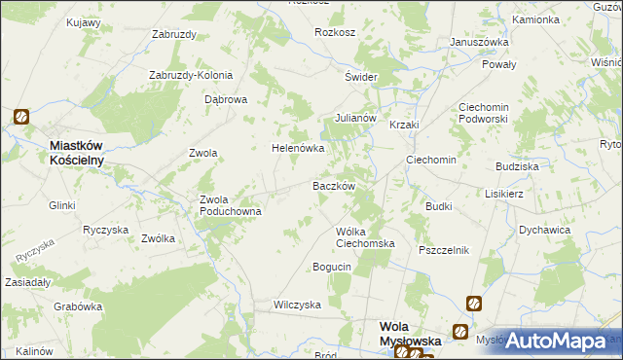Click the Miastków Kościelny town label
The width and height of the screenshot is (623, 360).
click(x=84, y=153)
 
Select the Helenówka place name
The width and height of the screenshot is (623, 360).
click(x=297, y=149)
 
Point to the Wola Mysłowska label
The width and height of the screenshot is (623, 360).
click(x=409, y=336)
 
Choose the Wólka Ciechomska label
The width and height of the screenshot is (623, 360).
click(x=364, y=237)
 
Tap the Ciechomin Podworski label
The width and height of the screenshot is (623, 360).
click(x=493, y=114)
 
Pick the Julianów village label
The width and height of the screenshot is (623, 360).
click(x=355, y=118)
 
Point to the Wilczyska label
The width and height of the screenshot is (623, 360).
click(x=297, y=305)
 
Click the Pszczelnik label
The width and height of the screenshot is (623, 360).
click(x=444, y=250)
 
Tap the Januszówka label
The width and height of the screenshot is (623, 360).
click(x=480, y=42)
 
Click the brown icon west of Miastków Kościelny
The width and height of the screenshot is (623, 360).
click(x=21, y=118)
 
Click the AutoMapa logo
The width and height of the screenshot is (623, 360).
click(x=555, y=341)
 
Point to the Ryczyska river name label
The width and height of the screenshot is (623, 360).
click(x=31, y=255)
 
